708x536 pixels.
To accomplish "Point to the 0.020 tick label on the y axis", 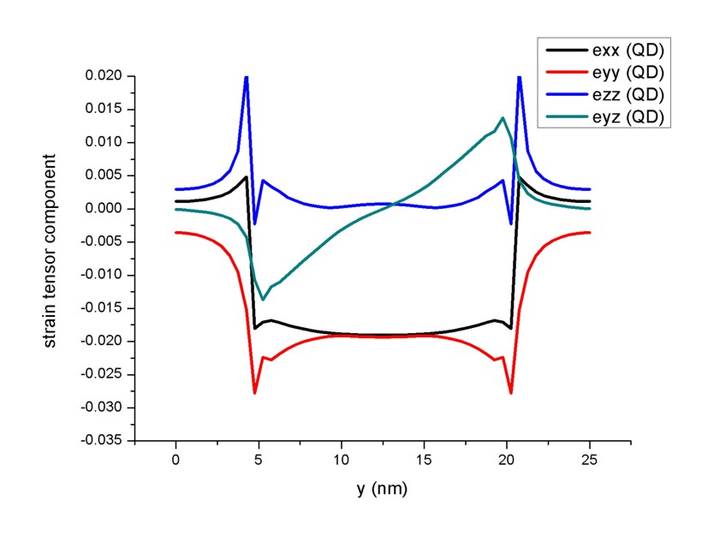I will (x=104, y=76).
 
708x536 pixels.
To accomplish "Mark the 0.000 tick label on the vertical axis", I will (x=104, y=209).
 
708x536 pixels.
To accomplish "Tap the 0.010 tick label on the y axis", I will (x=104, y=142).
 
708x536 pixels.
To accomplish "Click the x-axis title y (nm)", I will (x=382, y=490).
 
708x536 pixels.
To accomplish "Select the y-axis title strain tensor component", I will (x=51, y=250).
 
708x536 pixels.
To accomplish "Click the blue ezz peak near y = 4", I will (x=247, y=78).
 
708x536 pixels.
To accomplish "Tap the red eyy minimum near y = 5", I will (x=255, y=392).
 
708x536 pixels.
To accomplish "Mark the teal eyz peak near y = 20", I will (x=502, y=118).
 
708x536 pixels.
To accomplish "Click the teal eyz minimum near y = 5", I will (x=264, y=299).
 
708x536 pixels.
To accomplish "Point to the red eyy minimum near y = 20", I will (x=511, y=392).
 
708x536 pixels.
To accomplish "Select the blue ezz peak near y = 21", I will (x=519, y=78).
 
